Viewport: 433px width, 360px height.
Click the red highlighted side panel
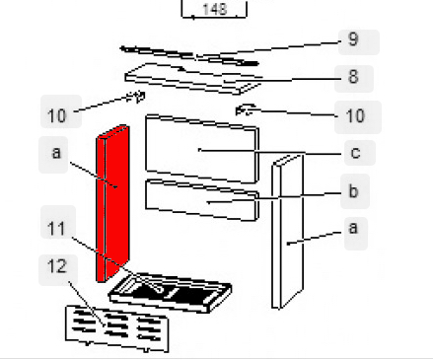coord(112,203)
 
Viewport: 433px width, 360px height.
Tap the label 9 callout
coord(359,42)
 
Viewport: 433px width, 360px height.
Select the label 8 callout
coord(354,78)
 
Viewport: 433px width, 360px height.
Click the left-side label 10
coord(61,111)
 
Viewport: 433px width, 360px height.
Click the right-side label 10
coord(358,117)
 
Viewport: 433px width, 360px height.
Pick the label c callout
coord(360,153)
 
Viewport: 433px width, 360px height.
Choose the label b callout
coord(355,191)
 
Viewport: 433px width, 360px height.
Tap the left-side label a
coord(53,155)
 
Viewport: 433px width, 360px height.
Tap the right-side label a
coord(356,233)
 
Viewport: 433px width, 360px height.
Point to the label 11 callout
coord(58,222)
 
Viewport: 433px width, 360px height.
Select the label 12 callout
coord(58,270)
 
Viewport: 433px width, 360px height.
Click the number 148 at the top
coord(214,9)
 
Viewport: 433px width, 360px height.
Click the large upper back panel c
coord(202,149)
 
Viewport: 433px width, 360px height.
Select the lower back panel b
coord(202,200)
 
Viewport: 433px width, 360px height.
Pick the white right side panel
coord(287,232)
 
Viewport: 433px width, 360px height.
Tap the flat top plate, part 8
coord(194,78)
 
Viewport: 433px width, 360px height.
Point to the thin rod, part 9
coord(189,55)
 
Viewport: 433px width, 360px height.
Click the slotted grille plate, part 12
coord(117,329)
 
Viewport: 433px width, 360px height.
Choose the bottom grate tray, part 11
coord(170,292)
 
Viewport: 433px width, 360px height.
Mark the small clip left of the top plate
coord(137,97)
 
